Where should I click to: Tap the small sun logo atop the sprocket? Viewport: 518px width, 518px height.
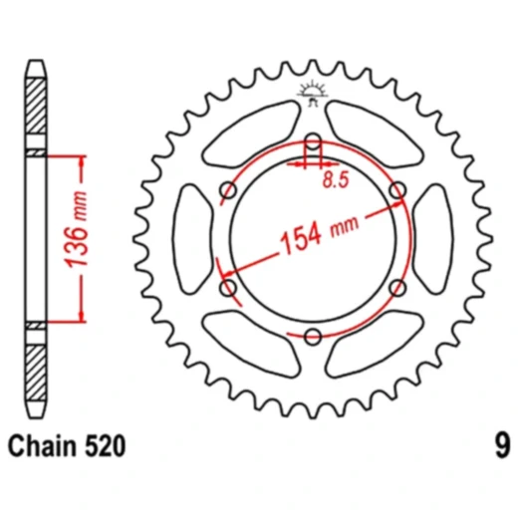pos(312,93)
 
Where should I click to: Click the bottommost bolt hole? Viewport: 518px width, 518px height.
pos(312,336)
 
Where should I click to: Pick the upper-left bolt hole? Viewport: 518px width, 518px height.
pos(227,189)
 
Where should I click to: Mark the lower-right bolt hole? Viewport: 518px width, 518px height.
pos(396,287)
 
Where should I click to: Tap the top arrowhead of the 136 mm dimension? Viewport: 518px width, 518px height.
pos(69,158)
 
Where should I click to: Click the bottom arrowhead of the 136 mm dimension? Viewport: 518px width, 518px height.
pos(69,318)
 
